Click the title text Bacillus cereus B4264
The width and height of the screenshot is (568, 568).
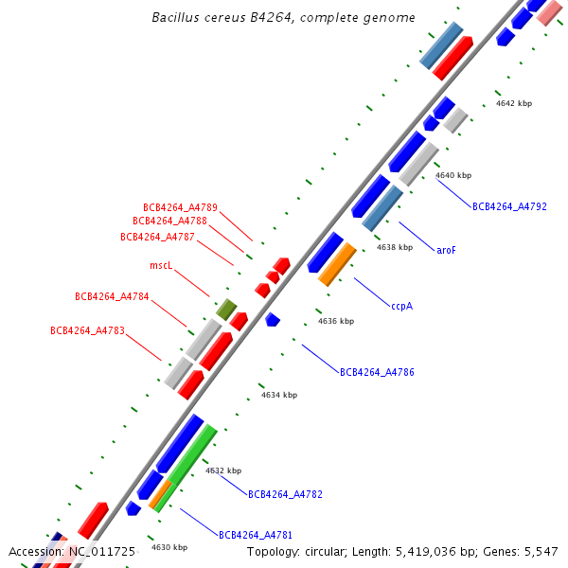[x=283, y=18]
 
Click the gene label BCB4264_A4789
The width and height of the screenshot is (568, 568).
[x=180, y=207]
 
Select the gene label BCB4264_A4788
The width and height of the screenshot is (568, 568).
[x=169, y=222]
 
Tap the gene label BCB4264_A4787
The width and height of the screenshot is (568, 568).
[x=157, y=237]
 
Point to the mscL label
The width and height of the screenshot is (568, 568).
[x=162, y=266]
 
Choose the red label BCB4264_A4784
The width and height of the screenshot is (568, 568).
[x=112, y=297]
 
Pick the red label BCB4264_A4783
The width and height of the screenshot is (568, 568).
[x=87, y=331]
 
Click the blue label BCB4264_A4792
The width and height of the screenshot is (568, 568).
[x=509, y=206]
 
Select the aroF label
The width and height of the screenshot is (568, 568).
[x=446, y=251]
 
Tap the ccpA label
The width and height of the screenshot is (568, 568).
[x=401, y=306]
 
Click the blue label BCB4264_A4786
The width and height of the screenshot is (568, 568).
[x=377, y=373]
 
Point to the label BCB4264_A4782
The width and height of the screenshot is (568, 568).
[x=285, y=494]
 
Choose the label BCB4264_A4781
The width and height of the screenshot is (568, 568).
[x=256, y=535]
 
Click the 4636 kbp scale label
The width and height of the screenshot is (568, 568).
[x=335, y=322]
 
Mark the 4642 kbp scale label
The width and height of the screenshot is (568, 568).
[x=513, y=103]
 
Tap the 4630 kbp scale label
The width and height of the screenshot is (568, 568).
[x=169, y=547]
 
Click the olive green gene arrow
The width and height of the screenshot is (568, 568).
[x=225, y=309]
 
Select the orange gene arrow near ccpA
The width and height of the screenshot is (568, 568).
[x=337, y=264]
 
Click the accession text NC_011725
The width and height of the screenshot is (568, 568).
[x=72, y=551]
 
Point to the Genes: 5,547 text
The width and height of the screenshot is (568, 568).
[x=526, y=551]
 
